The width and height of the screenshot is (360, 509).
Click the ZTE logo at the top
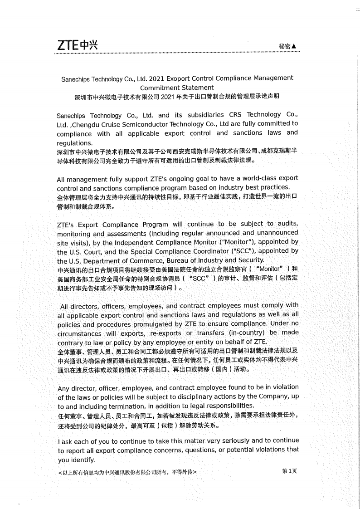77,45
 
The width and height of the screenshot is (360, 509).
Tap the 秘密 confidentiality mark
287,46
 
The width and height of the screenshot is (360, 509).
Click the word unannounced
275,233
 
